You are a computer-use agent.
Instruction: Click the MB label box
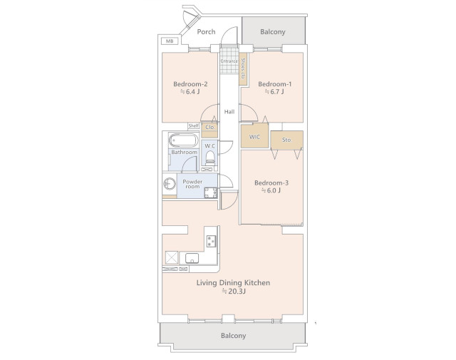point(170,41)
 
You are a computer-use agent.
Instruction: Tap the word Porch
point(206,31)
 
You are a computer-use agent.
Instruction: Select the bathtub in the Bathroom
point(184,141)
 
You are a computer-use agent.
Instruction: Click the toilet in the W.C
point(210,158)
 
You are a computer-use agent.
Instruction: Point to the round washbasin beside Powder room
point(170,184)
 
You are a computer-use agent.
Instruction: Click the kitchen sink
point(192,258)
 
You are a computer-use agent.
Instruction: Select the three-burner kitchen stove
point(212,241)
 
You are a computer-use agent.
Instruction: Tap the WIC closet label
point(255,137)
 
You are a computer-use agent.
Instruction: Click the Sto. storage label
point(286,140)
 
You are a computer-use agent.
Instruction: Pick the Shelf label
point(194,125)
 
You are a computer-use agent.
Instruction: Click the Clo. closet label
point(210,127)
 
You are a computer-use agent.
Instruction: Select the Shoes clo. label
point(243,68)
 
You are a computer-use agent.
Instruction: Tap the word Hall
point(229,111)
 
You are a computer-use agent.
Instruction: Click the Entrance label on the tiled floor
point(229,61)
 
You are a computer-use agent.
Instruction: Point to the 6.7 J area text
point(274,92)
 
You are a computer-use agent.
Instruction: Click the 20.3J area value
point(234,292)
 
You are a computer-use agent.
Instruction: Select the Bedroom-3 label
point(271,182)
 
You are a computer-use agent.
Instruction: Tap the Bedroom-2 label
point(190,84)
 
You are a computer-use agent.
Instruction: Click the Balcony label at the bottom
point(234,336)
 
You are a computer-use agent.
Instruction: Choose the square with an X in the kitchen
point(171,257)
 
